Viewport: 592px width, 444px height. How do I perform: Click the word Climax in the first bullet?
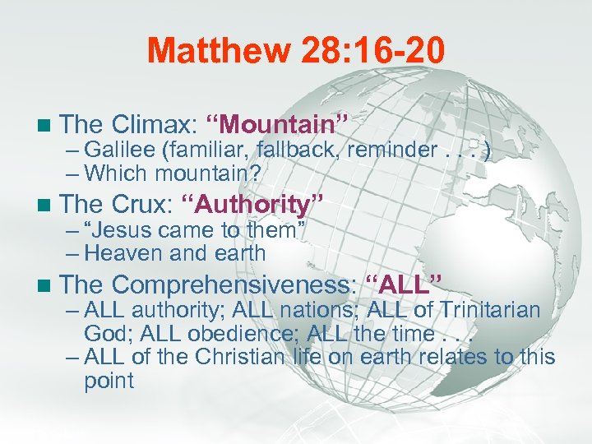[x=150, y=125]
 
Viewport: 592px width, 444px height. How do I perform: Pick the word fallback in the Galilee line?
[x=298, y=150]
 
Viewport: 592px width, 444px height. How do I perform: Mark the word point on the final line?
[x=109, y=381]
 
